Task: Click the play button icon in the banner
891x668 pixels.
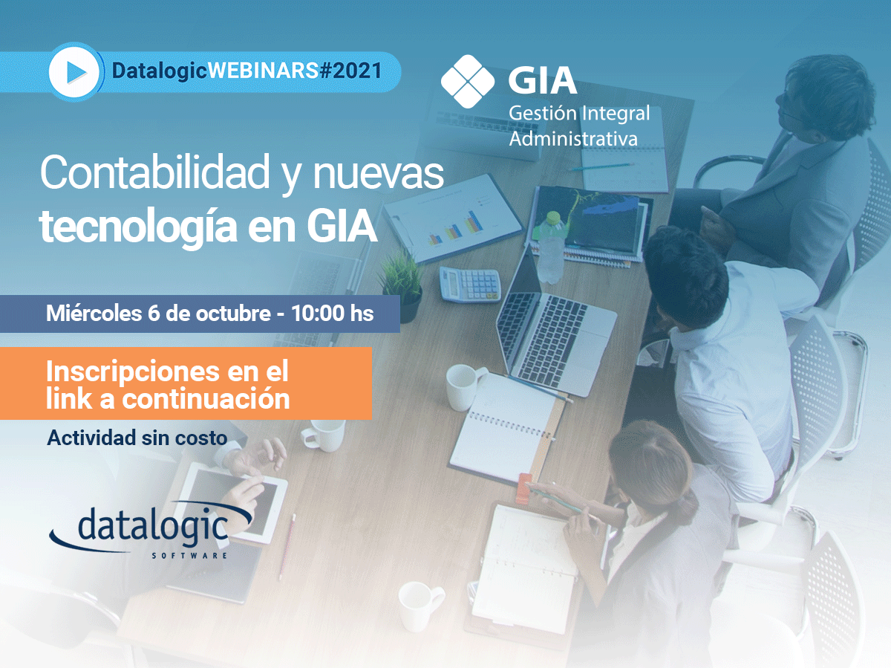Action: (74, 72)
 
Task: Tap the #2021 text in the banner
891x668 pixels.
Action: (350, 71)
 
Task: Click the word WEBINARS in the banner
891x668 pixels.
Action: (263, 71)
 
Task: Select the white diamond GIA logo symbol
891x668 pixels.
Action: (468, 81)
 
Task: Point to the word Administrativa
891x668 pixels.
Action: (573, 138)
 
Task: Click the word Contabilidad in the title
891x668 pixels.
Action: (154, 172)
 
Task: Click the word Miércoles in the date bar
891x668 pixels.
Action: (94, 313)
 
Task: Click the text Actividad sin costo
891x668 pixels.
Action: (137, 438)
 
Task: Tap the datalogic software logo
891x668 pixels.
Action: (151, 531)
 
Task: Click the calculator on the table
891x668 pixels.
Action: (470, 285)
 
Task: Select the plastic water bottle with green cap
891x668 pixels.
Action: (550, 247)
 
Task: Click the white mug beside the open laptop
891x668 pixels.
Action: (465, 387)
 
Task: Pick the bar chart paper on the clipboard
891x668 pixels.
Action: (453, 218)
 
